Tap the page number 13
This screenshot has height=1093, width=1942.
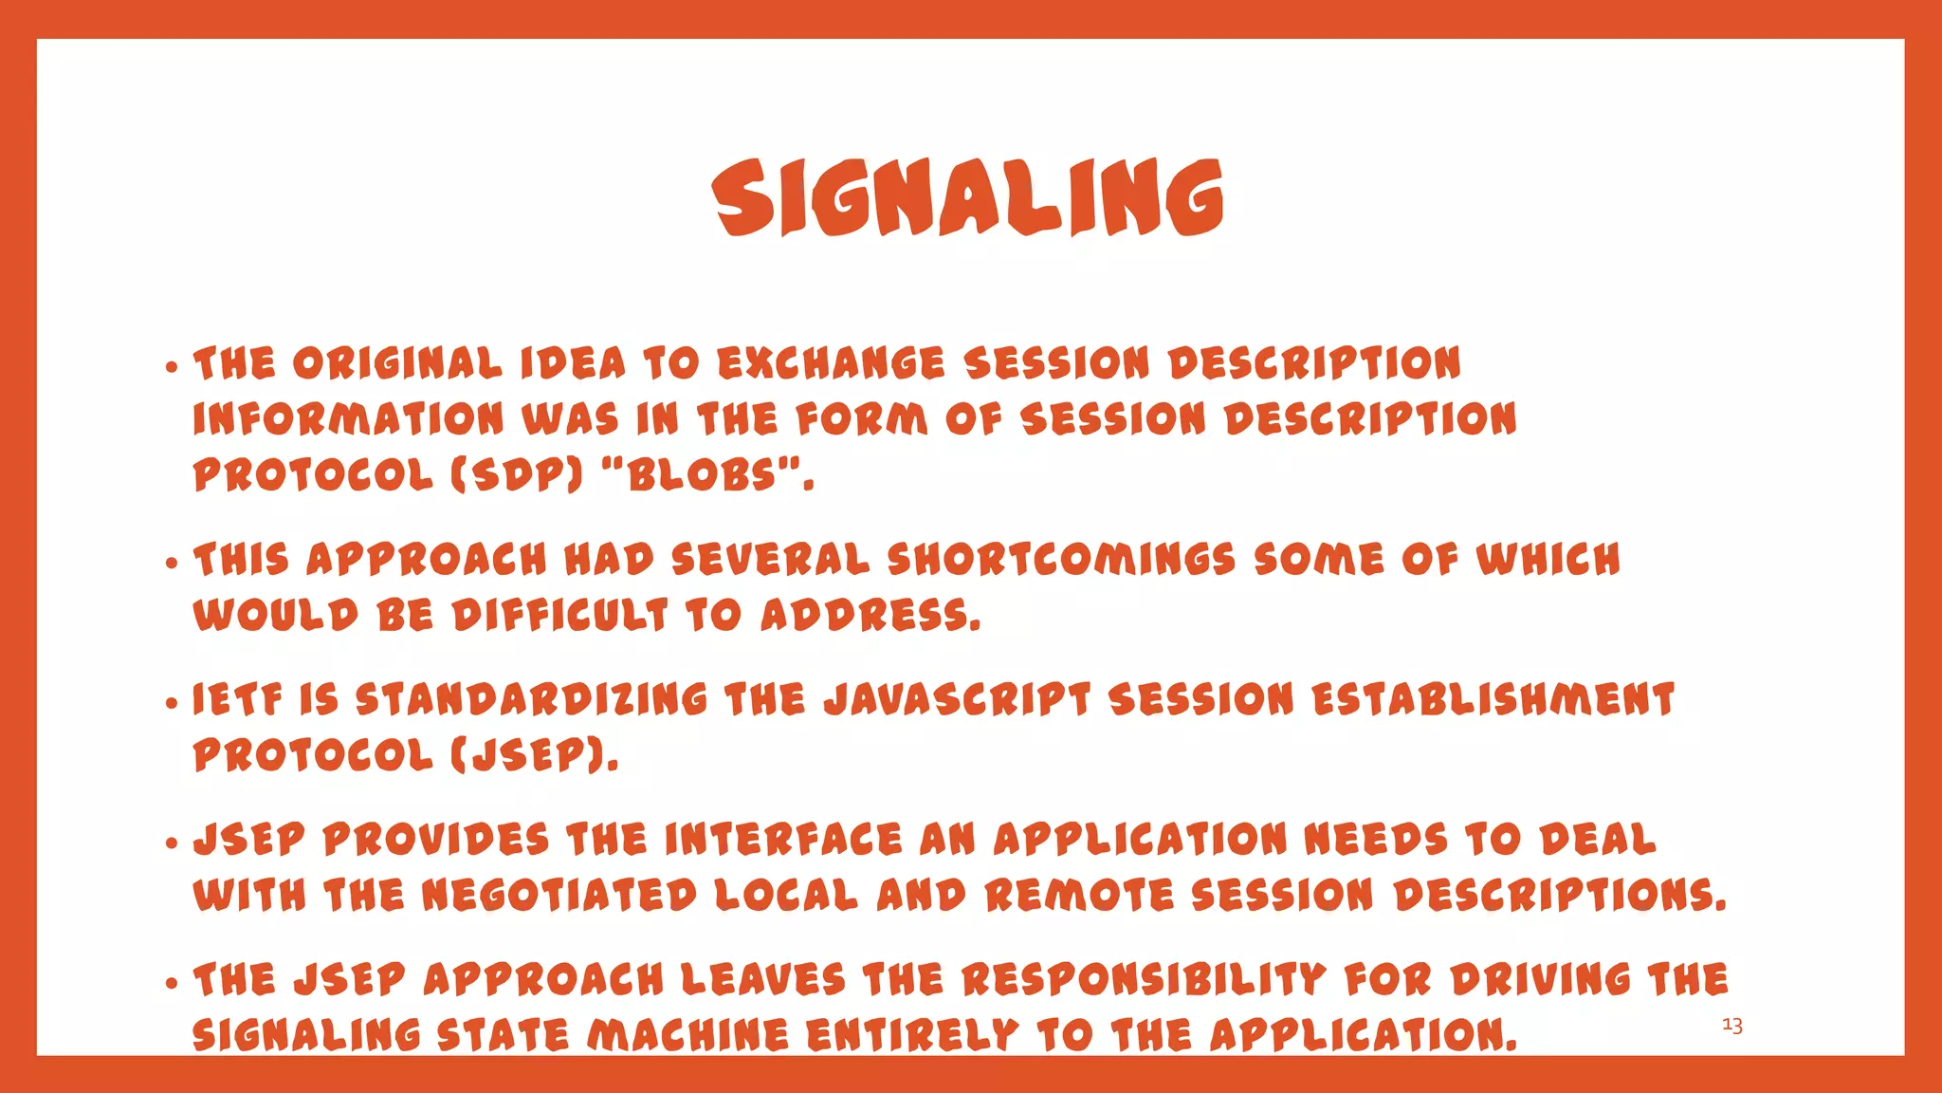(x=1731, y=1026)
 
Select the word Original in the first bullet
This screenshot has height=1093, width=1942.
(x=397, y=363)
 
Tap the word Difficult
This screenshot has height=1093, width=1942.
(x=559, y=616)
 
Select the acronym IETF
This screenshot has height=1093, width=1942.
(x=237, y=700)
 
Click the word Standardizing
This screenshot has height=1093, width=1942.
(x=531, y=700)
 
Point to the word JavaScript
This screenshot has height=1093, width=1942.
(x=958, y=700)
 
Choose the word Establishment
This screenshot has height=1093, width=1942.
(x=1493, y=700)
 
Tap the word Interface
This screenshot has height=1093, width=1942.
(x=783, y=840)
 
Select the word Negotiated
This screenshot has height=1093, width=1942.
(x=559, y=896)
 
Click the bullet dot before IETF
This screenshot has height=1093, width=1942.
(x=171, y=703)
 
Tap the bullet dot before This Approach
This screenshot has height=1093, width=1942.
(x=171, y=563)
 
